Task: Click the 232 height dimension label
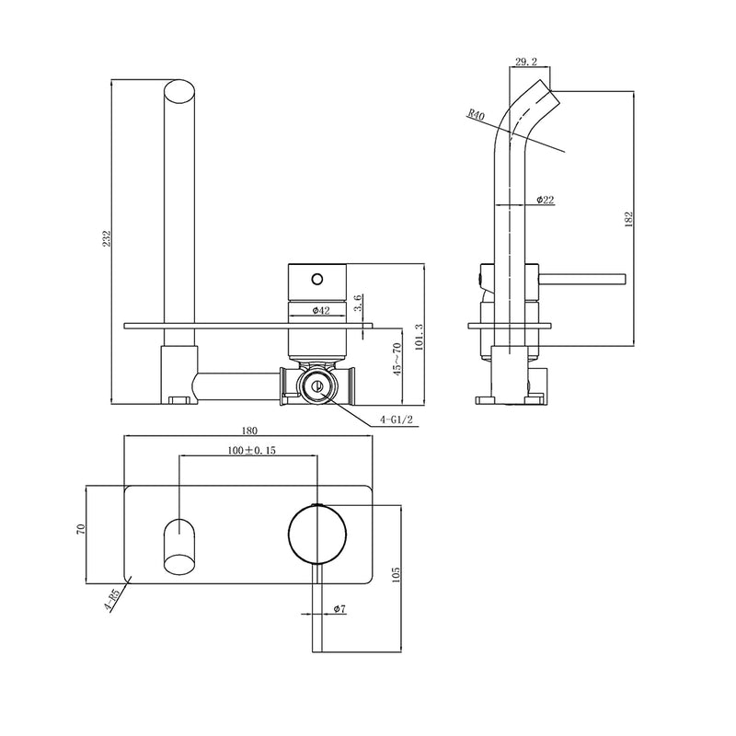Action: point(108,239)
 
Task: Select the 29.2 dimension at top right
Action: point(527,63)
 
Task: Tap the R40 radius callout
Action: point(476,115)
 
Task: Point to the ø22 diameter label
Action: point(545,201)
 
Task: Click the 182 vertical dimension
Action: point(628,219)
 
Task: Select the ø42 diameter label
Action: point(321,310)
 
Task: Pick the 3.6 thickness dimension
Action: point(359,303)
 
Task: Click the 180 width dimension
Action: point(248,431)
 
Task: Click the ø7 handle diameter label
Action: point(339,609)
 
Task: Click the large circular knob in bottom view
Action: point(317,534)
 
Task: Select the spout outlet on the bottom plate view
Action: point(179,544)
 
